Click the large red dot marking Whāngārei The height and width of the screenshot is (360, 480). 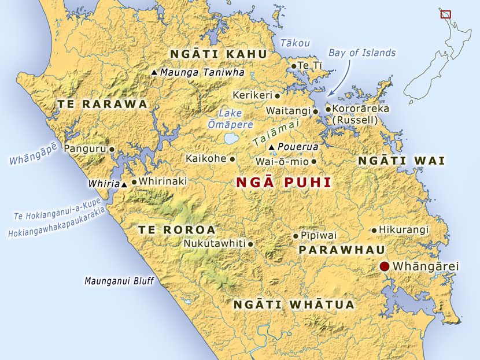385,266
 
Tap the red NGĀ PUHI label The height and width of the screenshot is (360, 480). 284,183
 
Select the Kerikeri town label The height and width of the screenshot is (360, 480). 252,95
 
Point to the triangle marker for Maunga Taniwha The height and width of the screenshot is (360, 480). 154,73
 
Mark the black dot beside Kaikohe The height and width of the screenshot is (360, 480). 232,158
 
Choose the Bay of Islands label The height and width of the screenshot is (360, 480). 362,53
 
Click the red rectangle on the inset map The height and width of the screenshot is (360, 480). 445,13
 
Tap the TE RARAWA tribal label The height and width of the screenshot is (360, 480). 102,104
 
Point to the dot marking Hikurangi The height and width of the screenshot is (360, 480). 374,230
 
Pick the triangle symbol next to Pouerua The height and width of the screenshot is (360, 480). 271,147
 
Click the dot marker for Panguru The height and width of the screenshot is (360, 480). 112,149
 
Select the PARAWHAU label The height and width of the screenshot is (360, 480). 334,250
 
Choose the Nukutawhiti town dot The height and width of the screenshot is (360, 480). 250,244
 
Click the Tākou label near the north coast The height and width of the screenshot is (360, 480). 296,43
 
